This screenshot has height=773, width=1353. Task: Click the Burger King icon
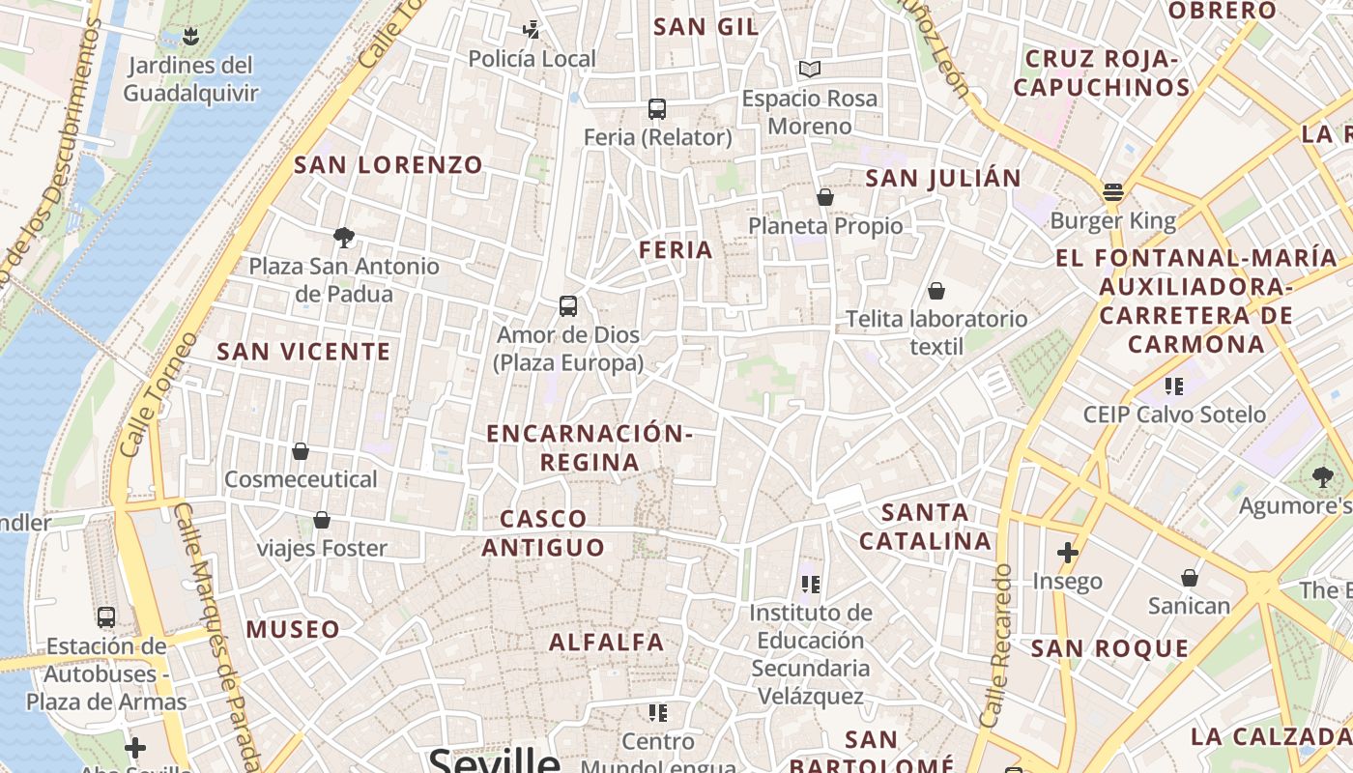point(1112,191)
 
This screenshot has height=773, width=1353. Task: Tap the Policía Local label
point(532,59)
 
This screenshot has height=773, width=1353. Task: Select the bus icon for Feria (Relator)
point(657,108)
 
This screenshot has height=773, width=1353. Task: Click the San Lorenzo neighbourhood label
point(389,164)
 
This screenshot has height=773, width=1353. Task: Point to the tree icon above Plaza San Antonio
point(343,237)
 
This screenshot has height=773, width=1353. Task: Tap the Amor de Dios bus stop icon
point(568,306)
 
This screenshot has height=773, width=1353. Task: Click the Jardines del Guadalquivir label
point(190,79)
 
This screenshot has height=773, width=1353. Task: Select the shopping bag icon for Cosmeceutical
point(301,451)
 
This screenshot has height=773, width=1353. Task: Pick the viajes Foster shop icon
point(322,521)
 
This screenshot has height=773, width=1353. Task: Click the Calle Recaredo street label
point(994,645)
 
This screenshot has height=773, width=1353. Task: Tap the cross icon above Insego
point(1067,553)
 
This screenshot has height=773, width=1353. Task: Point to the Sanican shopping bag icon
point(1189,578)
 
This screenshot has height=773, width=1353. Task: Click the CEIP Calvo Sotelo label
point(1174,415)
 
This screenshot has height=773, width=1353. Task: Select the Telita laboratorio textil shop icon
point(936,291)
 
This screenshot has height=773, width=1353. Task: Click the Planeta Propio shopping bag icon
point(824,197)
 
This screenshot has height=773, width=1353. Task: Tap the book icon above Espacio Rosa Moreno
point(809,70)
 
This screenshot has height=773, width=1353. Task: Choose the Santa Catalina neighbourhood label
point(926,527)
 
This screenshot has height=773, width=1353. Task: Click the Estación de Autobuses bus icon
point(106,616)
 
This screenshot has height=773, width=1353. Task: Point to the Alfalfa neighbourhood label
point(607,642)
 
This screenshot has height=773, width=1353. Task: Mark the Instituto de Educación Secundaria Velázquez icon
point(810,584)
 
